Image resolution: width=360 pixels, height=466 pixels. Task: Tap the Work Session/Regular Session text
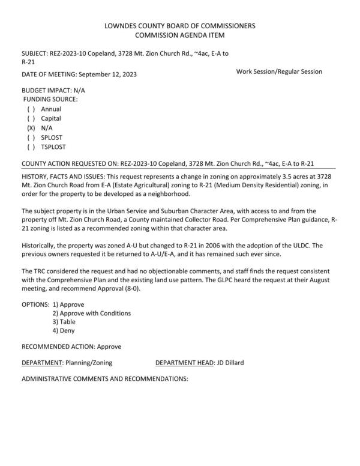(279, 71)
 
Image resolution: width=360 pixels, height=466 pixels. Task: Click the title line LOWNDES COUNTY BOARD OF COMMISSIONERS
(180, 26)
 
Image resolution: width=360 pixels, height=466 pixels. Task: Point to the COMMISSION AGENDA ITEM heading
(180, 35)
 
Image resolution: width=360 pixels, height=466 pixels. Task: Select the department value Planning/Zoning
(89, 363)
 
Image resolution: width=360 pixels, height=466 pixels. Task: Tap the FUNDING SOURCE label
(50, 98)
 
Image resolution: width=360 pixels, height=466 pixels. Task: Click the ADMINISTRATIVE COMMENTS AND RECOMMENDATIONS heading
(105, 379)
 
